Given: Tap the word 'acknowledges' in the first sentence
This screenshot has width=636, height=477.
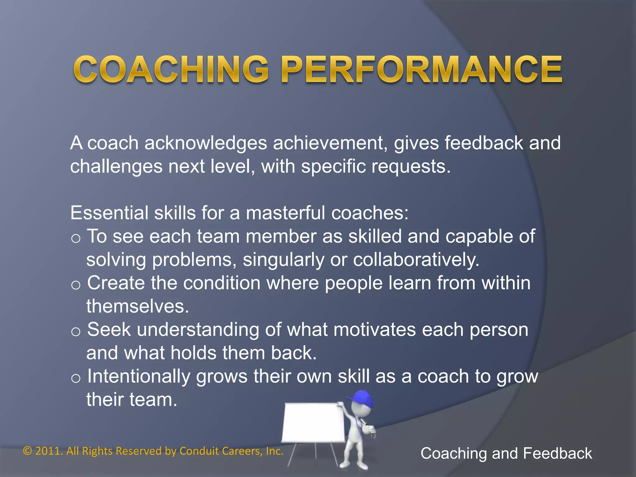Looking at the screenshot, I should (x=206, y=143).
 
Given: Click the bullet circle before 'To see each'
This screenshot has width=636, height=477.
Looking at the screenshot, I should (x=76, y=238).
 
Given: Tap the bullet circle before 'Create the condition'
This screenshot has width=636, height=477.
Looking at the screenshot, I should (x=76, y=285).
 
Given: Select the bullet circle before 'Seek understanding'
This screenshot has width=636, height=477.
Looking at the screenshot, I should (x=76, y=332).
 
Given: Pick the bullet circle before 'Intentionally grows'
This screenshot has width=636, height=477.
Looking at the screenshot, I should (x=76, y=378).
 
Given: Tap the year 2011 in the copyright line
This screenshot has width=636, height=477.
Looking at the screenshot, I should (x=47, y=451).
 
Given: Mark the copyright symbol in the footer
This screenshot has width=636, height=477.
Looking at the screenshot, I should (x=28, y=451).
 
